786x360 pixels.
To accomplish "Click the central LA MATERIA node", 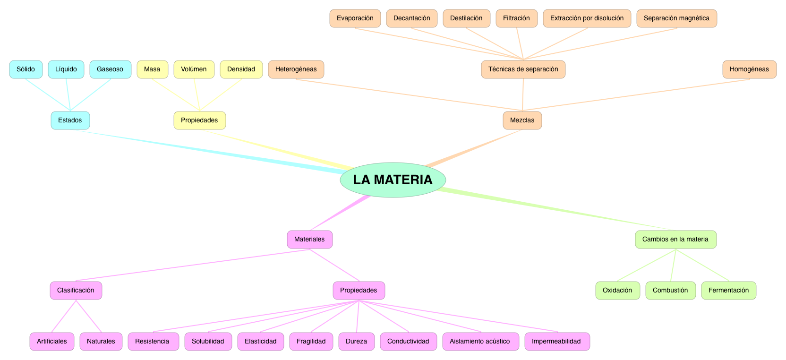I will click(x=393, y=180).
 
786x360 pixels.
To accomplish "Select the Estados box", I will click(x=70, y=120).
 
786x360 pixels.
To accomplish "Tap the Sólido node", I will click(x=26, y=69).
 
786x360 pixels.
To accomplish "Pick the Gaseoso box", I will click(x=110, y=69).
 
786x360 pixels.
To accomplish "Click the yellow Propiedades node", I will click(x=199, y=120).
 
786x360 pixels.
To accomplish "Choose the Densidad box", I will click(x=241, y=69).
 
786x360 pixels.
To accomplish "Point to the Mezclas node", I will click(x=522, y=120).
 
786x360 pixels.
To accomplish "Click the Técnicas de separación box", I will click(x=523, y=69).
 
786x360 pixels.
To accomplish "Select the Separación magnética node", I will click(x=676, y=18).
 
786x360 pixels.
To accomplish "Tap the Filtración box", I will click(x=516, y=18).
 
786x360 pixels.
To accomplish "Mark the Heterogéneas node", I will click(x=296, y=69).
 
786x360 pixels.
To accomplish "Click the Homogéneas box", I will click(x=749, y=69).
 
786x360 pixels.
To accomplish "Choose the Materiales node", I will click(x=309, y=240).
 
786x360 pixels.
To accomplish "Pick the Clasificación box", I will click(x=76, y=291).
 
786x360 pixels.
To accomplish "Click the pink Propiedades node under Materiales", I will click(x=359, y=291).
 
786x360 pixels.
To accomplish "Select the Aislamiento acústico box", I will click(x=480, y=342).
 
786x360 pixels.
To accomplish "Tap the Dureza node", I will click(x=356, y=342).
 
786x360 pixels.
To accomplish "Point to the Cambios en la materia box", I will click(x=675, y=240).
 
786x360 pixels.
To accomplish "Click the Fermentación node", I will click(x=728, y=291).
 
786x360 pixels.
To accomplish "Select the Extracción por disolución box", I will click(x=587, y=18).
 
